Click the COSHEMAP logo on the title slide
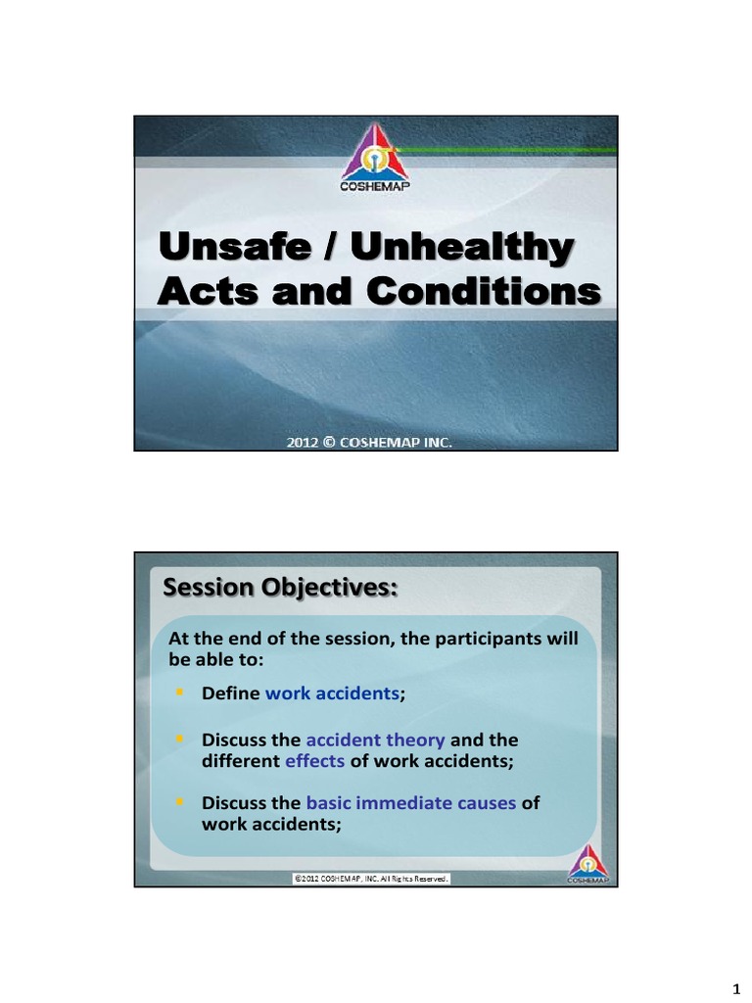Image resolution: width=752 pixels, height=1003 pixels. tap(376, 159)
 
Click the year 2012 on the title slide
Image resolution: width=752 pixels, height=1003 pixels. tap(303, 443)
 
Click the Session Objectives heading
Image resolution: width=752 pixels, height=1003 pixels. tap(280, 588)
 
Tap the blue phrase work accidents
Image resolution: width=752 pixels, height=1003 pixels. tap(333, 693)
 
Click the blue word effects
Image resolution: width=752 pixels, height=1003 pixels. tap(314, 761)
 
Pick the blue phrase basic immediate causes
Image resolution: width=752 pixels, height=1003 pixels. tap(410, 803)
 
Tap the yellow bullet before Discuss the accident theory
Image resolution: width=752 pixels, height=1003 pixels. tap(179, 739)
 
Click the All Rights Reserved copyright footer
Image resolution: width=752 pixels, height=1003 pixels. tap(371, 880)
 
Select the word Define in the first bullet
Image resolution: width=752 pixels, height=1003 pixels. tap(231, 693)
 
